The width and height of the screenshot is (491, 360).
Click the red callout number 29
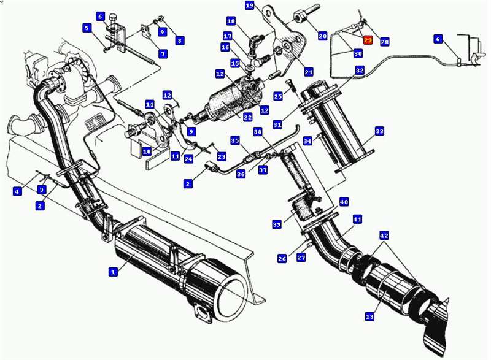coord(368,40)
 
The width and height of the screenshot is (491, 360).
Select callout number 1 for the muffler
coord(113,272)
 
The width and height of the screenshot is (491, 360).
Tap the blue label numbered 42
coord(384,236)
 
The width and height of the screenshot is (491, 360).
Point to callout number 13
coord(369,317)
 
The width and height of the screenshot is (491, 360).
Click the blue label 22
coord(248,118)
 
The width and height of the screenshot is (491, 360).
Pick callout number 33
coord(379,131)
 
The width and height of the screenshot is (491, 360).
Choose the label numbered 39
coord(277,224)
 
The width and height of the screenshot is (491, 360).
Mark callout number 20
coord(323,36)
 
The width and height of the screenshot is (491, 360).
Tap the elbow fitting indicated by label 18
coord(254,43)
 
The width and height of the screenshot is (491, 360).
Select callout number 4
coord(17,191)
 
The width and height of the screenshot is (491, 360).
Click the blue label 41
coord(357,220)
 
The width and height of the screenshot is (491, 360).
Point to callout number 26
coord(282,258)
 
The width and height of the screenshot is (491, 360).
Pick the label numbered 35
coord(235,140)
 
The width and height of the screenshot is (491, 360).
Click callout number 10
coord(147,151)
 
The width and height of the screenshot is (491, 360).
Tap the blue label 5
coord(87,28)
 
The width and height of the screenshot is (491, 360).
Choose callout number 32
coord(360,71)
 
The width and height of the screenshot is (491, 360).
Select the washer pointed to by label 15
coord(250,68)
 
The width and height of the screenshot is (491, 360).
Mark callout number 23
coord(222,156)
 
